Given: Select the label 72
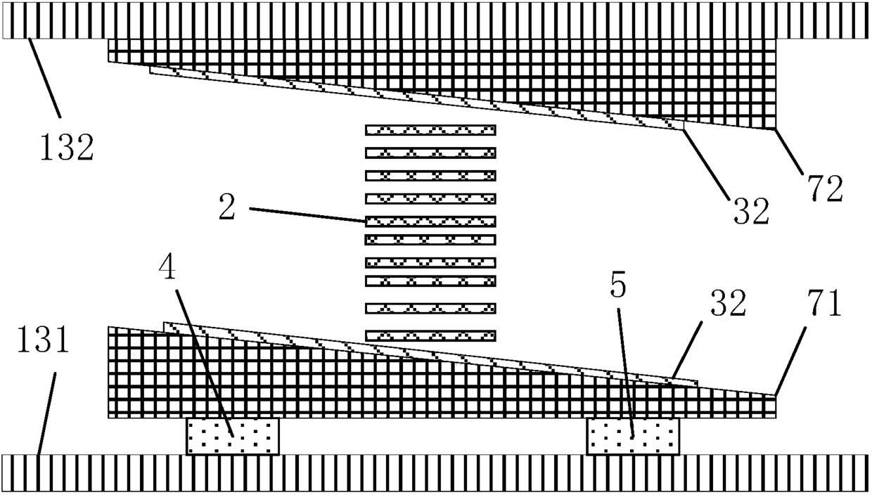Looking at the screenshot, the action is (x=823, y=190).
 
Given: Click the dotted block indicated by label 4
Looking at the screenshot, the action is (x=233, y=436).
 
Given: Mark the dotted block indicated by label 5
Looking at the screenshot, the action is (x=633, y=436).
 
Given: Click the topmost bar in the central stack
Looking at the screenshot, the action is (x=430, y=130).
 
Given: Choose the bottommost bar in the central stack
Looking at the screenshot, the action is (x=430, y=335).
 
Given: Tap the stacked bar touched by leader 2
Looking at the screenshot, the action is (x=430, y=221).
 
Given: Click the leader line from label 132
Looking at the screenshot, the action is (x=45, y=77).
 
